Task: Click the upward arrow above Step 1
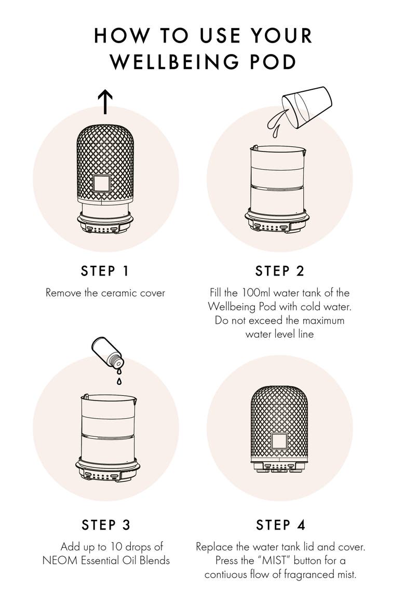click(x=105, y=102)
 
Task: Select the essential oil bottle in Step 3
click(x=108, y=352)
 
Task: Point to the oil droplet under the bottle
click(x=119, y=382)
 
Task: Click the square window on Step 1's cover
click(x=102, y=184)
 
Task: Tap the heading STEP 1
click(x=105, y=271)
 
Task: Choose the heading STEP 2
click(x=279, y=271)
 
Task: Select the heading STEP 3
click(x=106, y=525)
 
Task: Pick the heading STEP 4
click(x=280, y=525)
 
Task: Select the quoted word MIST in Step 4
click(x=276, y=560)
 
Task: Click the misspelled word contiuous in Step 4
click(x=230, y=574)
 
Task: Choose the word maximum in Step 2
click(x=323, y=321)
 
